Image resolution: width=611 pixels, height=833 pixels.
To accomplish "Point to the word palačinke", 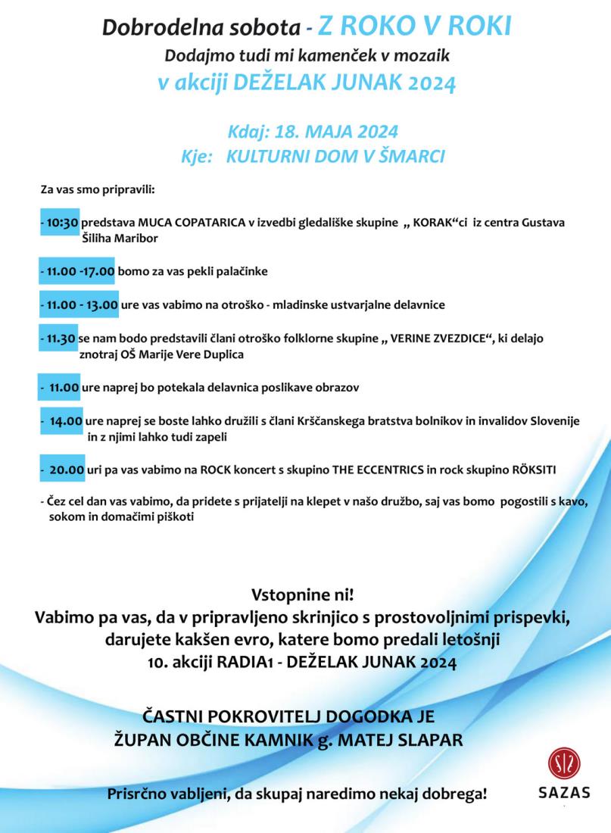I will tap(242, 270).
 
